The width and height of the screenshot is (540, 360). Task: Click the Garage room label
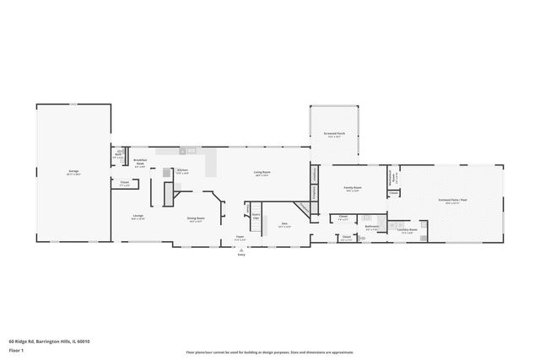[73, 173]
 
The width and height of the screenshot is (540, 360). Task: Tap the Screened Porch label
[334, 134]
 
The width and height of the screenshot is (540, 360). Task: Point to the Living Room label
[262, 173]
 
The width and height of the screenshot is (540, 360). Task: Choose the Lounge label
[138, 217]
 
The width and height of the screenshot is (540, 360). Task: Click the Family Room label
[353, 189]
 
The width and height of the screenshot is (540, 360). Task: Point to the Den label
[284, 225]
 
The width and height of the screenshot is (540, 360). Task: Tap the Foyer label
[240, 239]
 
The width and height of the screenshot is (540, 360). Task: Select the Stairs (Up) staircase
[256, 215]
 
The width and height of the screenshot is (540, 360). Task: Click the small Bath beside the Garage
[119, 156]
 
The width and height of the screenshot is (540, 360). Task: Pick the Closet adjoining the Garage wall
[124, 183]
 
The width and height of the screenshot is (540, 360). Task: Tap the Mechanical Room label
[391, 178]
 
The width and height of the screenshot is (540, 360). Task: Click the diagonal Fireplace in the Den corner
[302, 207]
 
